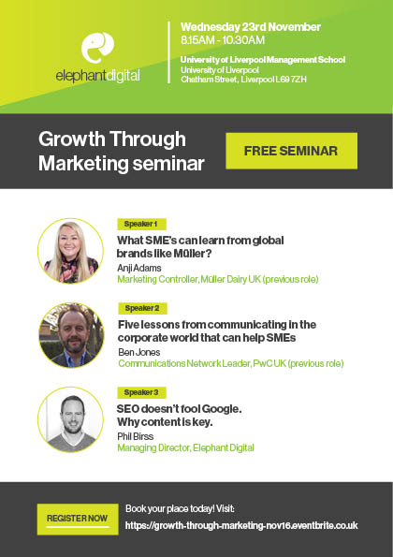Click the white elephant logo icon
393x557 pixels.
pyautogui.click(x=97, y=47)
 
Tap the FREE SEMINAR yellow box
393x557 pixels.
pyautogui.click(x=291, y=151)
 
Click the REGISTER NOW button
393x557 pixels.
pyautogui.click(x=78, y=519)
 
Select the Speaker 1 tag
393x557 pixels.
pyautogui.click(x=141, y=224)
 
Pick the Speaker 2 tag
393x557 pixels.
pyautogui.click(x=142, y=308)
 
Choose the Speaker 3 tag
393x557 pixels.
pyautogui.click(x=141, y=392)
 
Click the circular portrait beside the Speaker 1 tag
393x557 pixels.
pyautogui.click(x=71, y=251)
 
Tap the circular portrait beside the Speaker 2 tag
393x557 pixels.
pyautogui.click(x=71, y=335)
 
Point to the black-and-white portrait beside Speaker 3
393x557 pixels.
pyautogui.click(x=71, y=419)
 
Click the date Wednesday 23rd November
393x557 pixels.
pyautogui.click(x=251, y=27)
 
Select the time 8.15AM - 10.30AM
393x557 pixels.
pyautogui.click(x=223, y=39)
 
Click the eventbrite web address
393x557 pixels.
pyautogui.click(x=241, y=525)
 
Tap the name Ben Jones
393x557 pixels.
pyautogui.click(x=139, y=352)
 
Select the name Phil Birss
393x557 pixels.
pyautogui.click(x=136, y=436)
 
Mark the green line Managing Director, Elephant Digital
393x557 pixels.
pyautogui.click(x=185, y=448)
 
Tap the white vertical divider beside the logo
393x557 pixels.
pyautogui.click(x=169, y=52)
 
